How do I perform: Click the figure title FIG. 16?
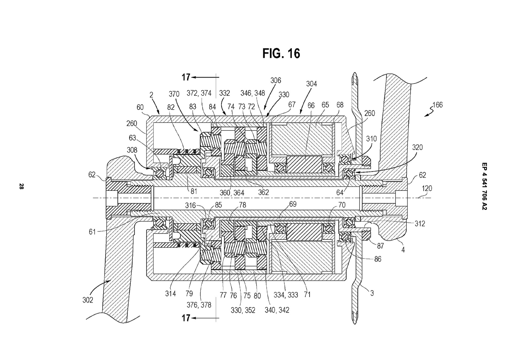pyautogui.click(x=281, y=53)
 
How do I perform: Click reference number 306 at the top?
pyautogui.click(x=275, y=80)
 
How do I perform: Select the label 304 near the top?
pyautogui.click(x=311, y=84)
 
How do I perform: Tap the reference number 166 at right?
pyautogui.click(x=437, y=105)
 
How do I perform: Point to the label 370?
pyautogui.click(x=174, y=94)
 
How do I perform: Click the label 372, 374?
pyautogui.click(x=199, y=93)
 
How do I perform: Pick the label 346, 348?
pyautogui.click(x=253, y=93)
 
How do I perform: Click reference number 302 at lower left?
pyautogui.click(x=88, y=300)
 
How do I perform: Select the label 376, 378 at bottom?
pyautogui.click(x=199, y=305)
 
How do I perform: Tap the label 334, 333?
pyautogui.click(x=286, y=295)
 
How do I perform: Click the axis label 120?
pyautogui.click(x=427, y=189)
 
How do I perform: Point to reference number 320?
pyautogui.click(x=417, y=147)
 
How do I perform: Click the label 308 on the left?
pyautogui.click(x=132, y=150)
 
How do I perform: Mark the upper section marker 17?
pyautogui.click(x=186, y=78)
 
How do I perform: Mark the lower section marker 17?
pyautogui.click(x=186, y=318)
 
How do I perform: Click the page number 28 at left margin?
pyautogui.click(x=21, y=186)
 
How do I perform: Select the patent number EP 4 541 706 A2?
pyautogui.click(x=484, y=186)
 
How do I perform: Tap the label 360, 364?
pyautogui.click(x=232, y=193)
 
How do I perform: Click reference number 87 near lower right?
pyautogui.click(x=380, y=246)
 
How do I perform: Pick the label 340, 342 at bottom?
pyautogui.click(x=277, y=310)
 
